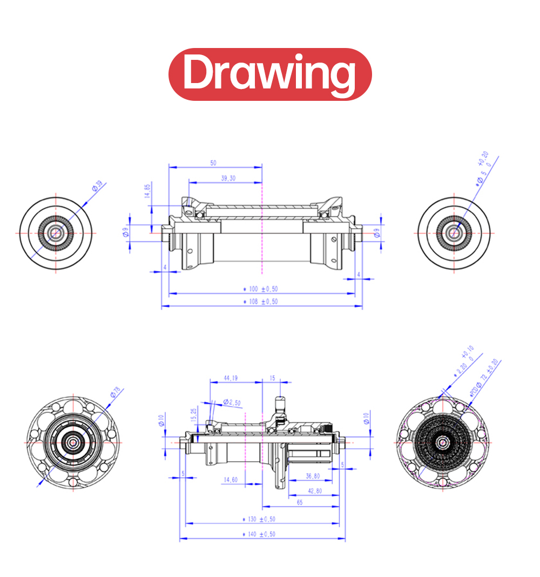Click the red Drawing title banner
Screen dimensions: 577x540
[x=270, y=74]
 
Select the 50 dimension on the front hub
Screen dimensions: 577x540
[x=213, y=162]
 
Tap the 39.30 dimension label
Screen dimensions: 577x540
[x=228, y=178]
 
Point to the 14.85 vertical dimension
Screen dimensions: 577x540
[x=147, y=191]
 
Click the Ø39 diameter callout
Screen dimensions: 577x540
[x=97, y=186]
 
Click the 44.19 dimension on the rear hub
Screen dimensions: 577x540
[x=230, y=378]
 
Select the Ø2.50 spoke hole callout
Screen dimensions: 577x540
[x=231, y=402]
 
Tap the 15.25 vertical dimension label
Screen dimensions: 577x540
[x=194, y=415]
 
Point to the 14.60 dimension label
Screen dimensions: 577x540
[x=230, y=479]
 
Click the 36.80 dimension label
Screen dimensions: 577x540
[x=313, y=476]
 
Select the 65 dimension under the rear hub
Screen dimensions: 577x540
[x=300, y=502]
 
